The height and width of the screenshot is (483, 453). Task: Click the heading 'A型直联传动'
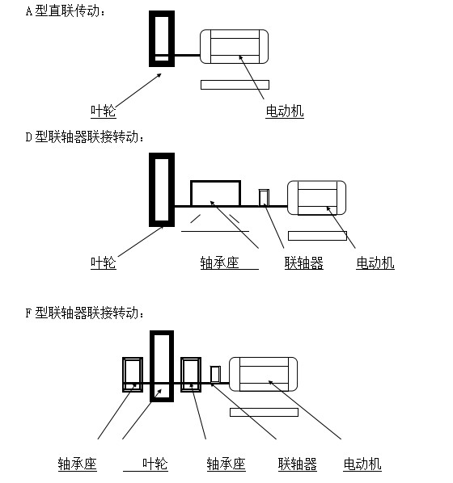point(66,11)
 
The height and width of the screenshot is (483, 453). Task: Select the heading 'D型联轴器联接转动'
point(85,136)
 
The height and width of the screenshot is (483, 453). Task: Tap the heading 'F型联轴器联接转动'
point(85,313)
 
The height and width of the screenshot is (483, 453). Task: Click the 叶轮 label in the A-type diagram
point(104,111)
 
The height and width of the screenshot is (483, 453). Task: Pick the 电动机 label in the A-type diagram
point(285,111)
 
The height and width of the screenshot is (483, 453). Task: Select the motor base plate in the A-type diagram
point(235,85)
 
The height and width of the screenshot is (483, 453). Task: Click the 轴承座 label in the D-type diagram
point(219,262)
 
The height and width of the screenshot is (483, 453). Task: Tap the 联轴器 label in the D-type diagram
point(304,262)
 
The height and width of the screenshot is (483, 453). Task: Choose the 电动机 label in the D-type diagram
point(375,262)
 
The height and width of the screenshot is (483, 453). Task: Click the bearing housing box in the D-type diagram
point(215,180)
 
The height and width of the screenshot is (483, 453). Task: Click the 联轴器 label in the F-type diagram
point(298,464)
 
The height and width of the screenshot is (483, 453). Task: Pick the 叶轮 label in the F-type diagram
point(155,464)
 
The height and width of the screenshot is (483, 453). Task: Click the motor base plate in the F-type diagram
point(265,412)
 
